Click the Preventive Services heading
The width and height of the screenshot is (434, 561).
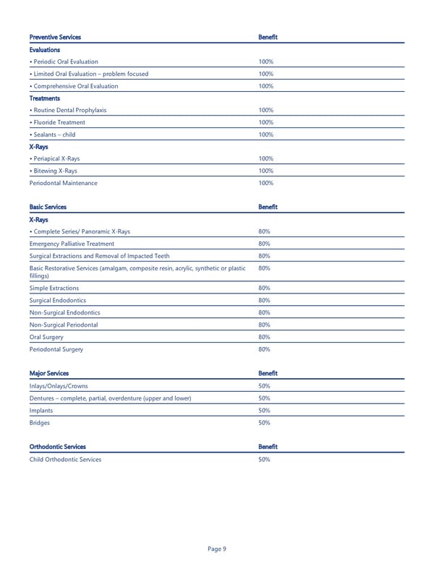tap(55, 37)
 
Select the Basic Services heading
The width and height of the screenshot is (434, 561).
tap(48, 207)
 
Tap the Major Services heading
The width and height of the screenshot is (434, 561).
tap(48, 373)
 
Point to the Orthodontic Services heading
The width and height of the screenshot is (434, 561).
tap(57, 447)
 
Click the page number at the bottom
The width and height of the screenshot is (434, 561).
tap(217, 549)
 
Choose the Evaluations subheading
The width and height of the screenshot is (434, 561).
tap(45, 50)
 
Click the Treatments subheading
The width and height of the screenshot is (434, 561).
tap(45, 98)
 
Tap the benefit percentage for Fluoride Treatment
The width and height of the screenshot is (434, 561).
tap(265, 122)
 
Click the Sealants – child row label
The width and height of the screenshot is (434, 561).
tap(52, 134)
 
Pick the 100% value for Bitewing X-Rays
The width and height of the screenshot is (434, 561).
tap(265, 171)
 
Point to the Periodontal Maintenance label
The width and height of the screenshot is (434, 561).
tap(63, 183)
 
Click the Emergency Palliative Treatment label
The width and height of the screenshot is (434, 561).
tap(72, 244)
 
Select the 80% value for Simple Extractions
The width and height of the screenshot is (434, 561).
tap(264, 288)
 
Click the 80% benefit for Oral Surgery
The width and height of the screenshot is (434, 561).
tap(264, 337)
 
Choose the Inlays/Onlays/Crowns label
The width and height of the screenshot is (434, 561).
tap(60, 385)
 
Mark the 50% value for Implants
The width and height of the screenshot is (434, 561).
tap(264, 410)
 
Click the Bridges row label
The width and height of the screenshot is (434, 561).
tap(40, 422)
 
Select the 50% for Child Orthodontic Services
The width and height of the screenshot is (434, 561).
tap(264, 459)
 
